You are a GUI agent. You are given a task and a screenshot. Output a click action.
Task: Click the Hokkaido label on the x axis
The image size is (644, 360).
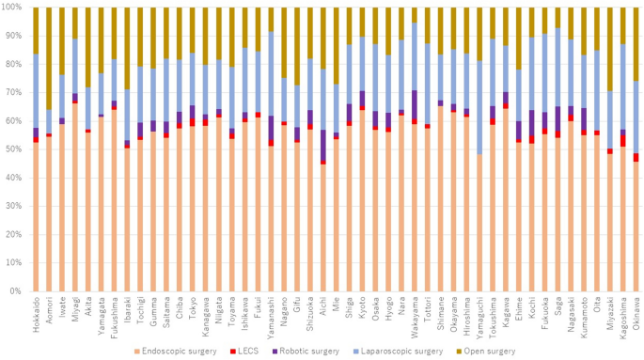(x=36, y=313)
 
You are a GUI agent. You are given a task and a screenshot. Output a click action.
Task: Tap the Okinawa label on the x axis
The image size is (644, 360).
(x=636, y=311)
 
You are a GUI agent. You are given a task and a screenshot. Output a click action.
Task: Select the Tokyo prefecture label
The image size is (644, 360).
(x=192, y=306)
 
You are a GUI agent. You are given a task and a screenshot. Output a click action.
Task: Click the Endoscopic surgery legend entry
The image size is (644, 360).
(x=176, y=352)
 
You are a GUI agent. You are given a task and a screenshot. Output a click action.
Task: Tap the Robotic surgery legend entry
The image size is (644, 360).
(x=306, y=352)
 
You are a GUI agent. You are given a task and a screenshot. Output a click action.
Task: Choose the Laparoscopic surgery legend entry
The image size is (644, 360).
(x=398, y=352)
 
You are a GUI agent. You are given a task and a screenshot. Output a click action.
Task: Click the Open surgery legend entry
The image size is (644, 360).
(x=486, y=352)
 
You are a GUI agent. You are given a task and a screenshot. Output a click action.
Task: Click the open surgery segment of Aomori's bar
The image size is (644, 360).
(x=49, y=58)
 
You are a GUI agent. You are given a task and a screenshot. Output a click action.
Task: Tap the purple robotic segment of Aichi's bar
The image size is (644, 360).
(x=323, y=146)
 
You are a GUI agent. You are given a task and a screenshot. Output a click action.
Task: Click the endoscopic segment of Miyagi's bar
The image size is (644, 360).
(x=75, y=197)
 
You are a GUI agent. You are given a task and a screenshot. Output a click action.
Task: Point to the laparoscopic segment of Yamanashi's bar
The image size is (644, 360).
(x=271, y=73)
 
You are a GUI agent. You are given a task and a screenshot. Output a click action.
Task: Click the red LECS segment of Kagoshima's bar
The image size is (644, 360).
(x=623, y=140)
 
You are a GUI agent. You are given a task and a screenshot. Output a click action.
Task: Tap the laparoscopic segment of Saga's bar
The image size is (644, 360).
(x=558, y=67)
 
